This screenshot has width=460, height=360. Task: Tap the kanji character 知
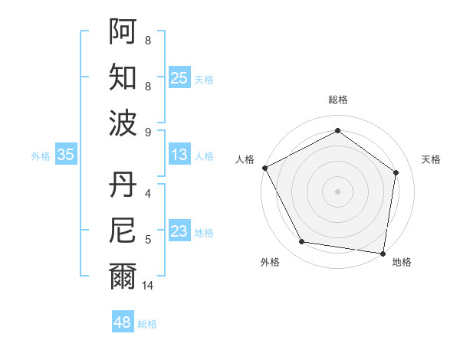point(123,77)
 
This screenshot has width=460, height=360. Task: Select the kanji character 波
point(123,123)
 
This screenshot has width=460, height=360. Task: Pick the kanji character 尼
point(123,231)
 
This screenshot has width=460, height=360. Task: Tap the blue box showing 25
point(179,78)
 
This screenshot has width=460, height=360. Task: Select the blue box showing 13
point(179,155)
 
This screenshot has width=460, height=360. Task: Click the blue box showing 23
point(179,231)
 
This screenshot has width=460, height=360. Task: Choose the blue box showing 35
point(66,155)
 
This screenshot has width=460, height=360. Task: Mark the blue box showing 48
point(123,322)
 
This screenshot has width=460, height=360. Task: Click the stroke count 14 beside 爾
point(148,285)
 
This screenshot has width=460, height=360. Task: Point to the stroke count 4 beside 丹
point(148,193)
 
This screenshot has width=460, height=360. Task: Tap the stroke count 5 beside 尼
point(148,239)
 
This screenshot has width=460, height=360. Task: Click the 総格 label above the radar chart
point(338,100)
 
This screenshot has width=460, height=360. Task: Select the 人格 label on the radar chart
point(245,159)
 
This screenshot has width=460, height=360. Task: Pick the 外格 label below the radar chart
point(270,262)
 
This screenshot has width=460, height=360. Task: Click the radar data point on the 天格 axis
point(396,172)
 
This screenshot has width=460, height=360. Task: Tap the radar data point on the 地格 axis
point(383,253)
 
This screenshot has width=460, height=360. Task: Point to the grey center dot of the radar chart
point(337,191)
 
